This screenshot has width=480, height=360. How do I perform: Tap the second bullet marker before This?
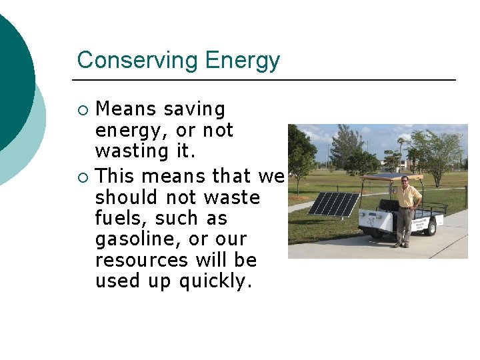point(82,177)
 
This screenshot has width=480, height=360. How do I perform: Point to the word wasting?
point(133,151)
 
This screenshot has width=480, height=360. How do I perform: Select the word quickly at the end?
point(215,281)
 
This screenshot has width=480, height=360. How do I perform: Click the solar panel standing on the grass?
point(334,204)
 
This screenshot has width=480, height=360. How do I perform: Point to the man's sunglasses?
point(404,179)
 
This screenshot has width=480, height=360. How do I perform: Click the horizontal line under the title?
point(263,80)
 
